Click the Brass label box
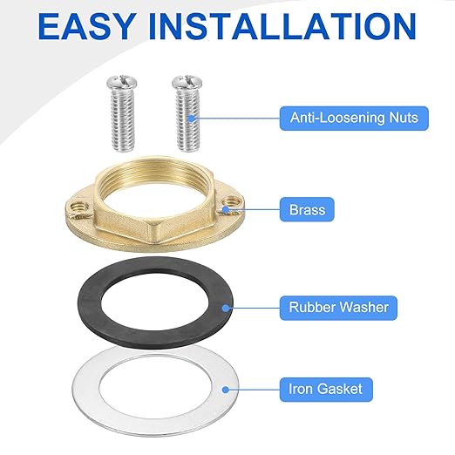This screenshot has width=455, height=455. pyautogui.click(x=302, y=210)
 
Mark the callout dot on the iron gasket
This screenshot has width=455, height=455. pyautogui.click(x=233, y=390)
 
